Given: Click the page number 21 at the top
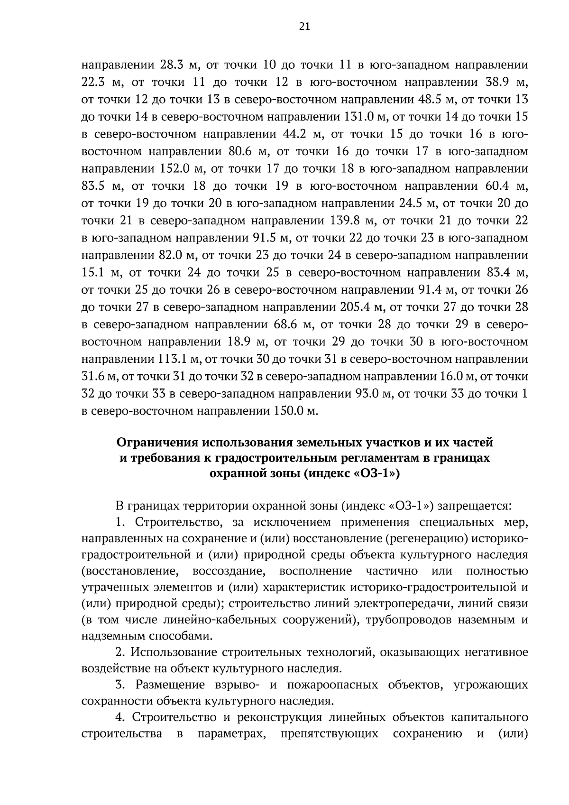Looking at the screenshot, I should point(304,27).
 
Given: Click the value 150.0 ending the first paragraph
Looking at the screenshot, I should point(290,411).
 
